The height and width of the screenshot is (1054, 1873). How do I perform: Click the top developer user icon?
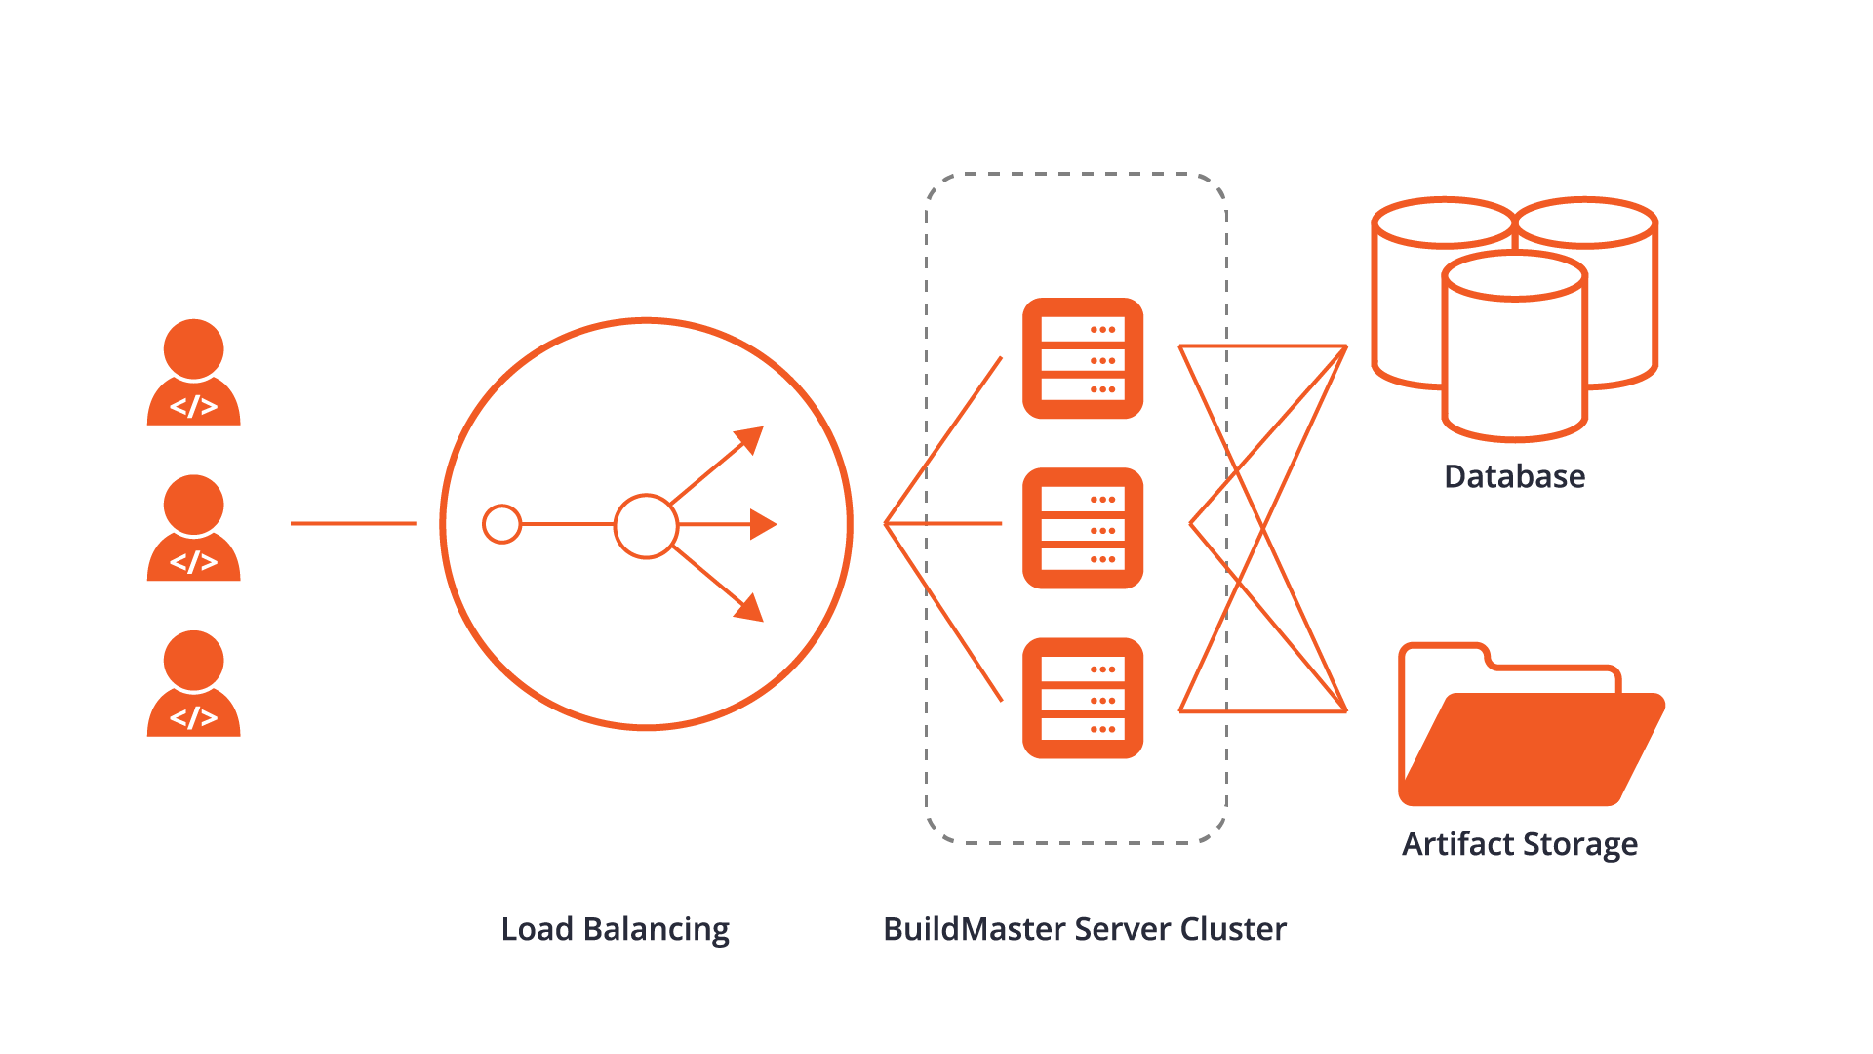coord(193,373)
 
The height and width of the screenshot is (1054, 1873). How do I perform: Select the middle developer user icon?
coord(193,529)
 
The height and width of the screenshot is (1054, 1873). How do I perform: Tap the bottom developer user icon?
coord(193,684)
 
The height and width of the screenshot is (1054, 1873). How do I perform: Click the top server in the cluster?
coord(1083,359)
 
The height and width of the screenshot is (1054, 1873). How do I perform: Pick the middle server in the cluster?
coord(1083,529)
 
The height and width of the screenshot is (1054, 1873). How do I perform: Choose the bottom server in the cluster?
coord(1083,699)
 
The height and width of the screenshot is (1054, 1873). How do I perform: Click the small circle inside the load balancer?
coord(502,524)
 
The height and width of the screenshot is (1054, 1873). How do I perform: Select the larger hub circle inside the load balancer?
coord(646,526)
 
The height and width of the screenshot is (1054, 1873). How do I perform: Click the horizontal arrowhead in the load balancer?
coord(763,524)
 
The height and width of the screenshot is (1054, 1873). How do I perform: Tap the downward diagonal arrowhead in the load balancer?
coord(750,609)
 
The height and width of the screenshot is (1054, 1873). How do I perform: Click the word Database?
coord(1514,476)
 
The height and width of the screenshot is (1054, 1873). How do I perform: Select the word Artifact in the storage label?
coord(1457,844)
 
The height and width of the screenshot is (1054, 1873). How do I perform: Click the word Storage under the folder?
coord(1580,845)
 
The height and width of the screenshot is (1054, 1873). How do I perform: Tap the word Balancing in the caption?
coord(657,930)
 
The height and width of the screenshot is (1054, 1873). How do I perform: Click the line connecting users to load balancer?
coord(353,524)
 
